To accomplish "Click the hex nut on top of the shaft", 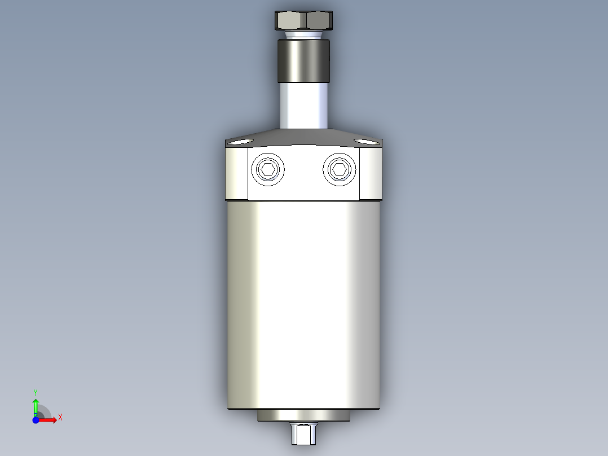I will (x=304, y=21).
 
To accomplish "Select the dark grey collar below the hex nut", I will (x=303, y=61).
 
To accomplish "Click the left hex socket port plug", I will (x=268, y=169).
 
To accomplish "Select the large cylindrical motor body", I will (x=304, y=305).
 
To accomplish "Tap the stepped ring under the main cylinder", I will (x=304, y=415).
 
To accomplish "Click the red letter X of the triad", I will (x=60, y=418).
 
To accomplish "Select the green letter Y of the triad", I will (x=36, y=391).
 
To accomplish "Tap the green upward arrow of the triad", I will (x=36, y=405).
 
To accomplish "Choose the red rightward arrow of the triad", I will (x=49, y=420).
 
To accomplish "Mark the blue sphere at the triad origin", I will (x=36, y=420).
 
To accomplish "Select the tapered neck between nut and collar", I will (x=303, y=35).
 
